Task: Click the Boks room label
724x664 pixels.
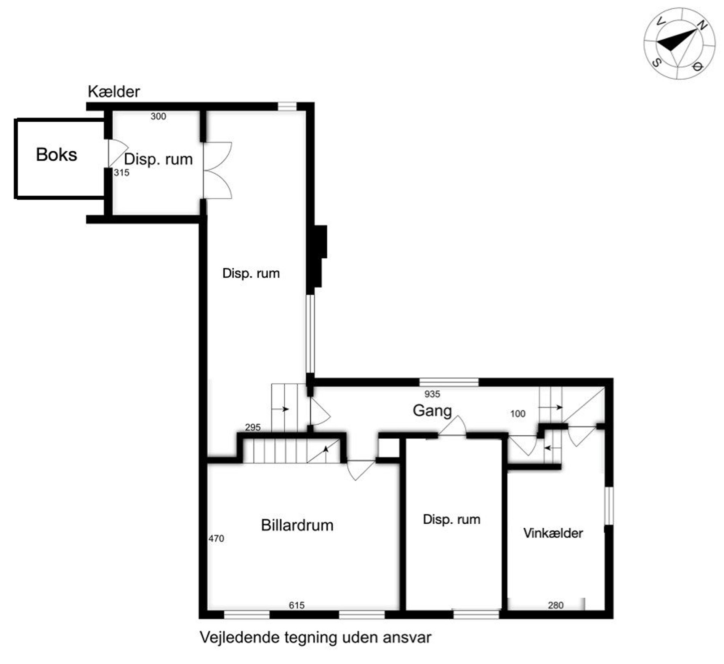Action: [56, 155]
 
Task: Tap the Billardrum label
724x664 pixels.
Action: [297, 525]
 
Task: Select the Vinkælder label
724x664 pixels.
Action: [553, 533]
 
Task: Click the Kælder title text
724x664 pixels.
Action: [114, 91]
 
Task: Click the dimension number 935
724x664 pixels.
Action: [432, 394]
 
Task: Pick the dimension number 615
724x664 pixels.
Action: [296, 605]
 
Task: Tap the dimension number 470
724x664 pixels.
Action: [216, 539]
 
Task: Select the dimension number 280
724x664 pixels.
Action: [556, 605]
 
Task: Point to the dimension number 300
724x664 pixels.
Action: [158, 116]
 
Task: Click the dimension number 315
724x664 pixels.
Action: [122, 173]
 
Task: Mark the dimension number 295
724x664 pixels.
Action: [253, 427]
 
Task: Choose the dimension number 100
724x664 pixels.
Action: [518, 414]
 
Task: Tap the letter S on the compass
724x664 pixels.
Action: [656, 62]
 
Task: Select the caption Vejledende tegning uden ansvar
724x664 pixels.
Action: [316, 637]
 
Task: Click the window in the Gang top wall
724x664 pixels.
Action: [449, 382]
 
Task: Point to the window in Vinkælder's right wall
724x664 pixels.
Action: [609, 506]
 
